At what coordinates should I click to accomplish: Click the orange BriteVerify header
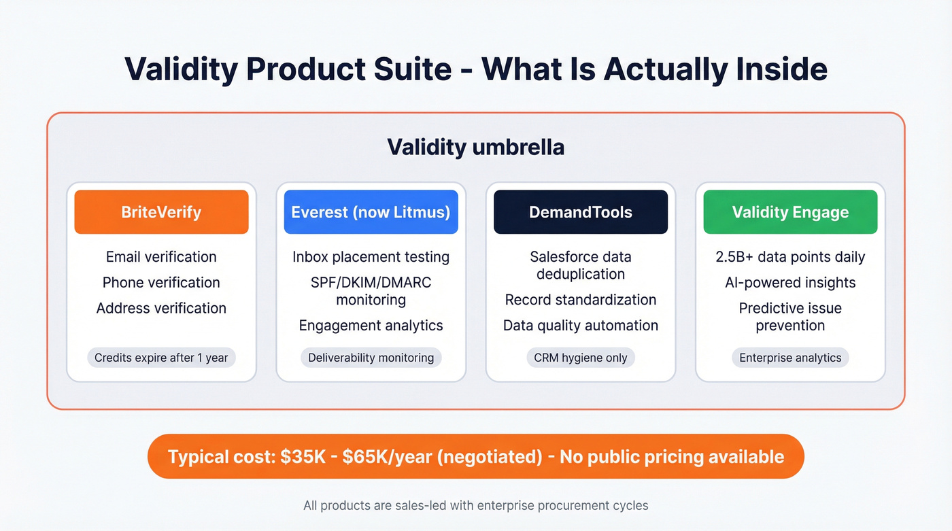[161, 212]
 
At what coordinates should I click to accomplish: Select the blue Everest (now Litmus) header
[371, 212]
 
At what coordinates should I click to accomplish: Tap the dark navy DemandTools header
[581, 212]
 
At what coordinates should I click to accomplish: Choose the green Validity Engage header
[790, 212]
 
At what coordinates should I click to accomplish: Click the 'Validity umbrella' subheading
[475, 147]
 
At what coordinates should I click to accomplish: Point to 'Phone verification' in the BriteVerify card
[161, 282]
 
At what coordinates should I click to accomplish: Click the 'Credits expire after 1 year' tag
[161, 358]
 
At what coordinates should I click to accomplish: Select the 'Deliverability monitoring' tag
[371, 358]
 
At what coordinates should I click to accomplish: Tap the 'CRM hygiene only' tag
[581, 358]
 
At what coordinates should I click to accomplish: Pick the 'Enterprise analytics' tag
[790, 358]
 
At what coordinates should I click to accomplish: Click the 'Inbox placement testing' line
[371, 257]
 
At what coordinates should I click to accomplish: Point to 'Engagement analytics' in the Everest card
[371, 326]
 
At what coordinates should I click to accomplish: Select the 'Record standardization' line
[581, 300]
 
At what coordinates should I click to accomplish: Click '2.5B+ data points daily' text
[790, 257]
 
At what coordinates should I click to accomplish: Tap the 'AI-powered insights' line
[790, 282]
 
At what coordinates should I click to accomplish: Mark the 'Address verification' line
[161, 308]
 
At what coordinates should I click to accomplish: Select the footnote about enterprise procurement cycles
[475, 505]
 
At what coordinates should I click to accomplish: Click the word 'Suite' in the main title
[407, 69]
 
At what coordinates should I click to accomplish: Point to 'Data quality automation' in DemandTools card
[581, 326]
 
